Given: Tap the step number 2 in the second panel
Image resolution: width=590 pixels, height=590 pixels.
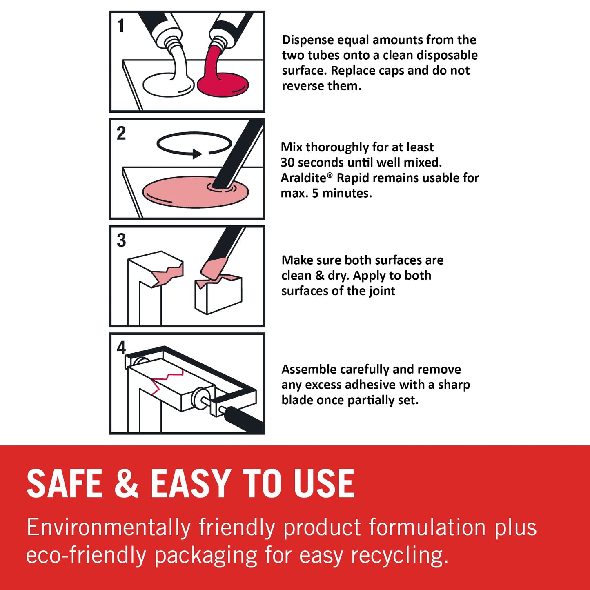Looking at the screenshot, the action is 121,133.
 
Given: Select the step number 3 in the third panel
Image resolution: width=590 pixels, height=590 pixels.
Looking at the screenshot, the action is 122,240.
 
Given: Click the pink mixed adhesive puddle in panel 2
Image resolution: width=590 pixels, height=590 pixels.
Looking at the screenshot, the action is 195,192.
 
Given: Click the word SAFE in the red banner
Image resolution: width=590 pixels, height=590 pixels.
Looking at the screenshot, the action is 64,483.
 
